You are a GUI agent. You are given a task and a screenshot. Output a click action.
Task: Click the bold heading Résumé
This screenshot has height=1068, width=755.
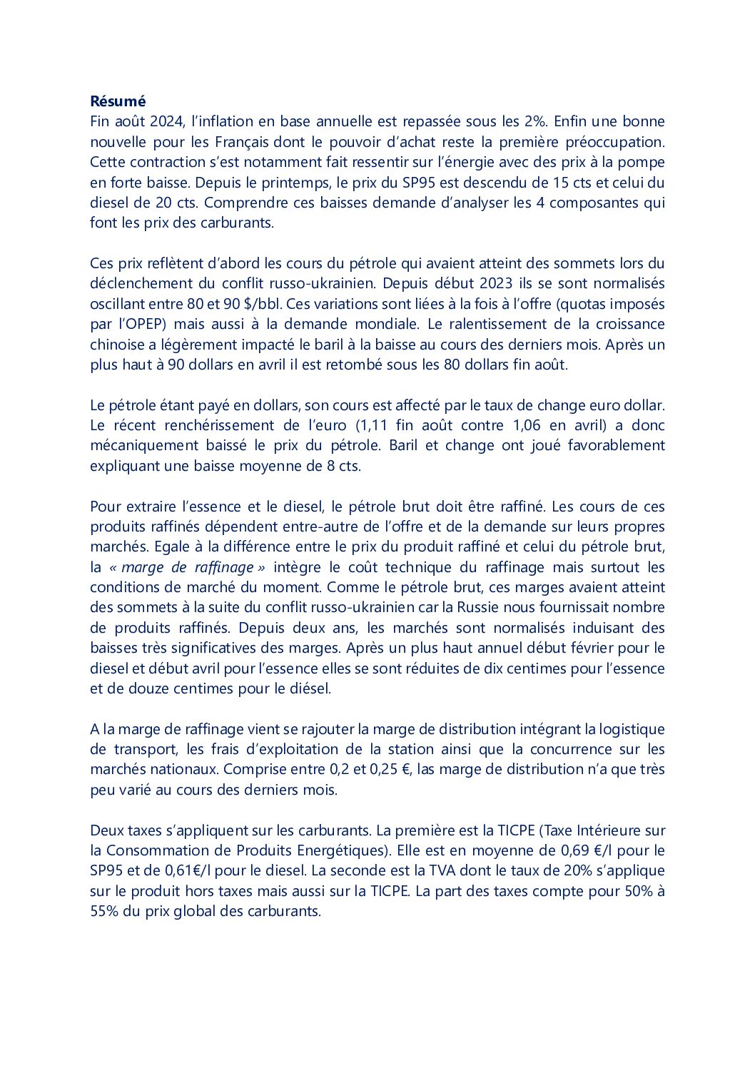click(118, 101)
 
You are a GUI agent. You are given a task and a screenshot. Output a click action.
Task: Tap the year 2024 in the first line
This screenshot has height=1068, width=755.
click(166, 121)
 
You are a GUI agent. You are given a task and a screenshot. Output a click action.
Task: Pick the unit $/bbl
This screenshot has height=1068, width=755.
click(265, 304)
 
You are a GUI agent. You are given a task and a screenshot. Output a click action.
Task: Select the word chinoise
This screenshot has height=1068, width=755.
click(116, 345)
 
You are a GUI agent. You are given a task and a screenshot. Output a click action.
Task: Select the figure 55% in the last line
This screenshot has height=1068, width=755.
click(104, 911)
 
